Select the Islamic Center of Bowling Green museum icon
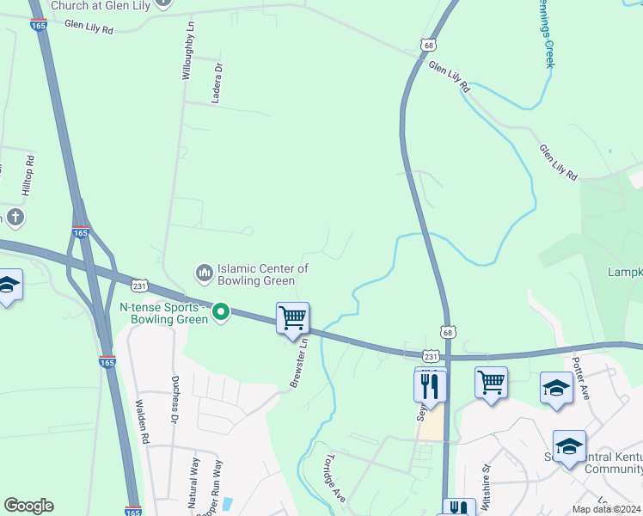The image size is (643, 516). (205, 273)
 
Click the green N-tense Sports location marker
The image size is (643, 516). (221, 311)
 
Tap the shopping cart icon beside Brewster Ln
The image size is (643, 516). (292, 317)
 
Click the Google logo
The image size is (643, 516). (28, 506)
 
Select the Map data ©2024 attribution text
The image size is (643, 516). (607, 509)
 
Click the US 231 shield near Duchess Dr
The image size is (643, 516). (138, 285)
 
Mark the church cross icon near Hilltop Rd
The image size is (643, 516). (15, 217)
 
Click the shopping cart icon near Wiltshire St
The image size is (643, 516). (491, 382)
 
